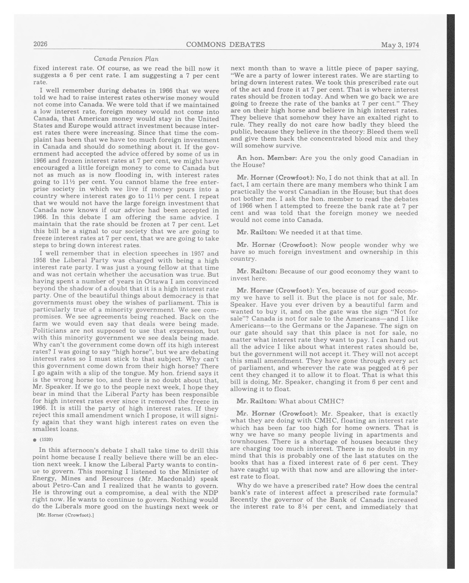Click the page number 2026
pyautogui.click(x=40, y=44)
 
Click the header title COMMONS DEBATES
pyautogui.click(x=225, y=45)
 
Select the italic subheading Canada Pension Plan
pyautogui.click(x=126, y=59)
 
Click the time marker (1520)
pyautogui.click(x=46, y=439)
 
